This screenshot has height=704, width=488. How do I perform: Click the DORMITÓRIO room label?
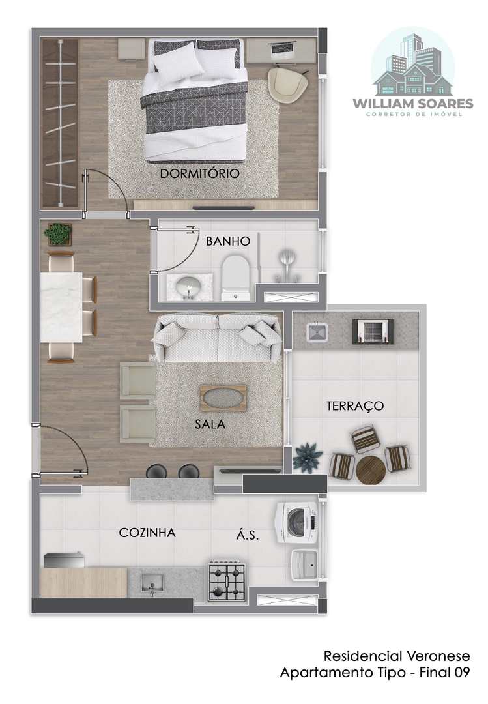pos(200,173)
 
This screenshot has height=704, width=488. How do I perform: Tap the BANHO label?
pos(228,241)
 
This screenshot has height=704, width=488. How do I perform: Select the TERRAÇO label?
pos(355,406)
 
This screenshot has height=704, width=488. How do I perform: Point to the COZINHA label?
pos(147,533)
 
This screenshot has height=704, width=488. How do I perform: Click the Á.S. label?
pos(248,535)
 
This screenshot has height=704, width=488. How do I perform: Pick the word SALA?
pos(210,424)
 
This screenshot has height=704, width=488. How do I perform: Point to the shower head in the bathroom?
pos(286,259)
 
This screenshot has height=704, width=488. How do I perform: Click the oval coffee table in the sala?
pos(223,398)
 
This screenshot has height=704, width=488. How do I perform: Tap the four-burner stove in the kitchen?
pos(227,582)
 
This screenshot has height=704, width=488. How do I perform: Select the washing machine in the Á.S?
pos(296,523)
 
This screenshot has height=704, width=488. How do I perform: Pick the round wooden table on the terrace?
pos(371,470)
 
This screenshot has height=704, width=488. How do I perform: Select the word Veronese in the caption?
pos(438,656)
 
